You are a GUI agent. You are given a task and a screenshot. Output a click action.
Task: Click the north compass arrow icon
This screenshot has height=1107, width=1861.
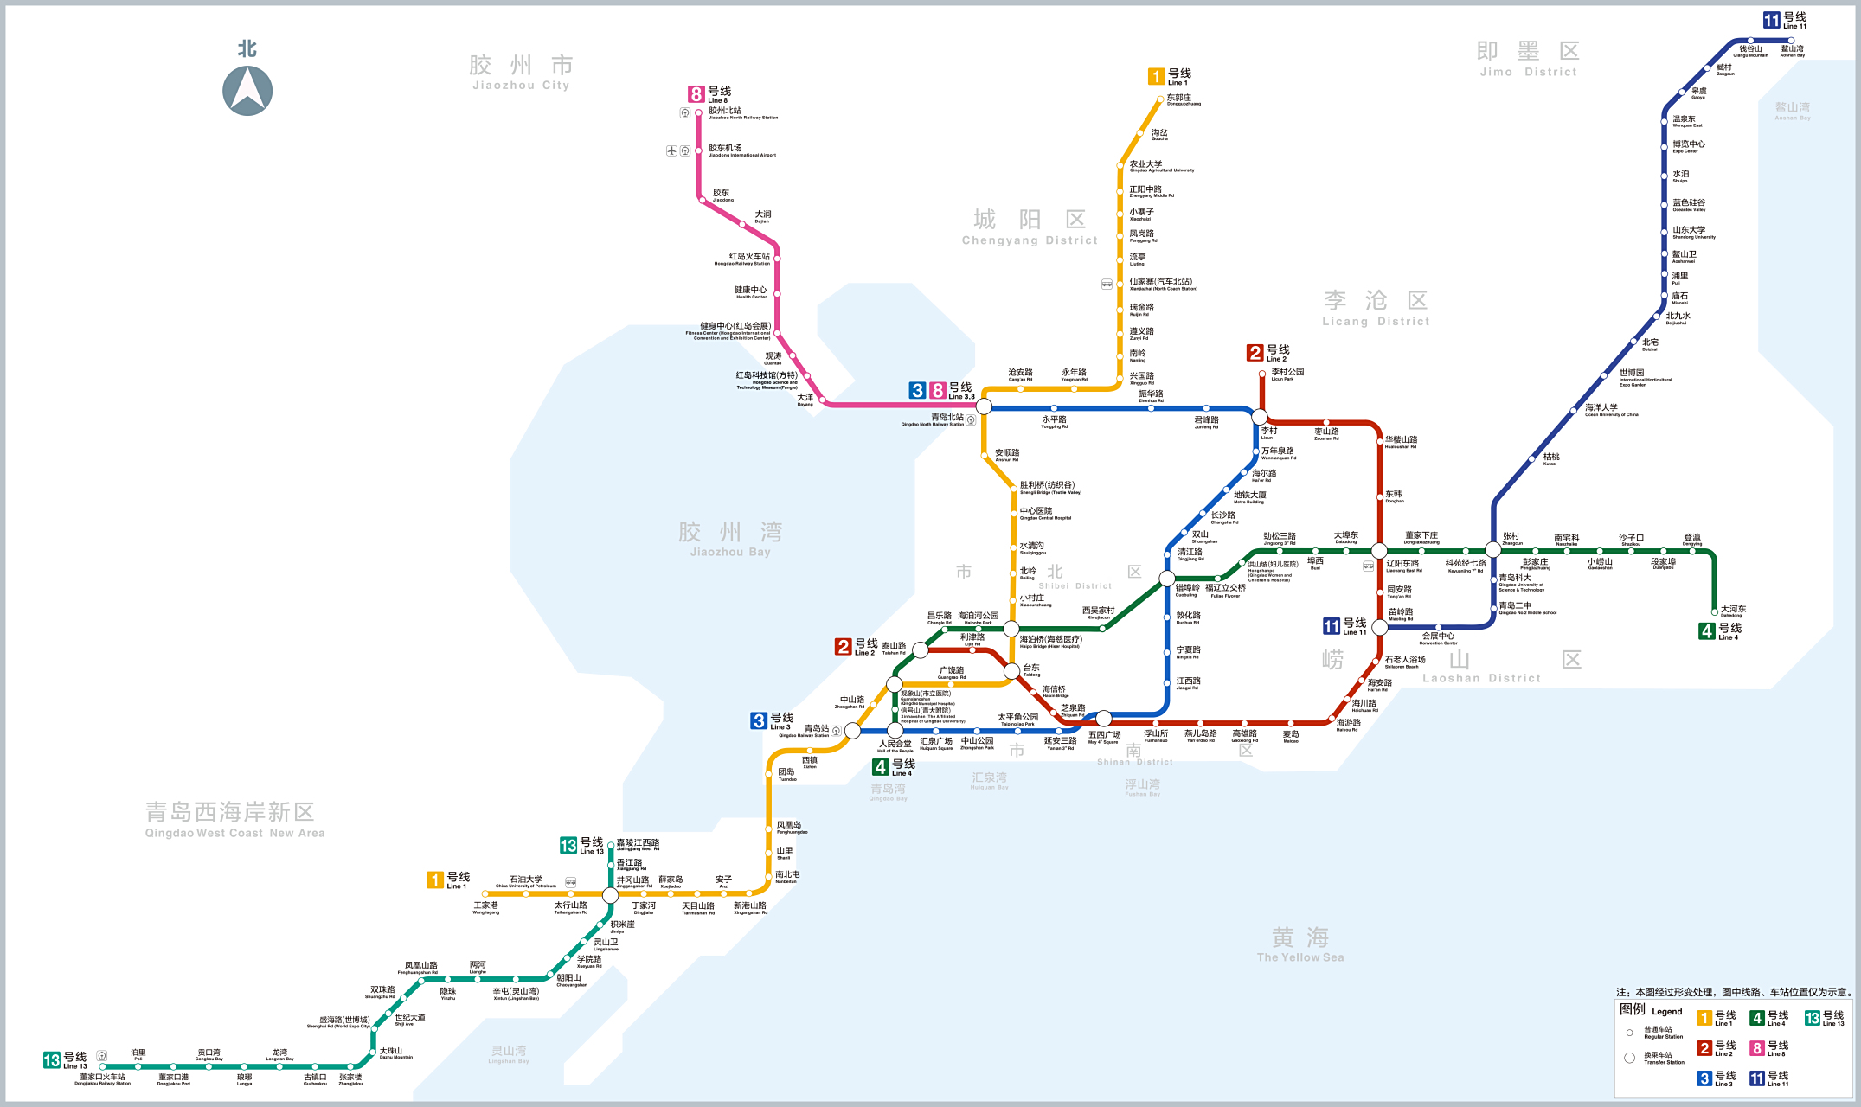(x=247, y=90)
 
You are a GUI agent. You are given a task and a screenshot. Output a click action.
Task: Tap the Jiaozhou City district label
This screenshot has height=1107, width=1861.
(x=521, y=72)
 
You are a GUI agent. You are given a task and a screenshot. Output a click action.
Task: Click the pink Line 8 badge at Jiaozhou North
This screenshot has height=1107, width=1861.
(x=696, y=94)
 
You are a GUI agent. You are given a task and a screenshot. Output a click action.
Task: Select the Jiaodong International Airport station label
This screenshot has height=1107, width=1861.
(x=741, y=150)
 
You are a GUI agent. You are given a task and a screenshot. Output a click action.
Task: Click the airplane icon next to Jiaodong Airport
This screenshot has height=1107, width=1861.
(x=671, y=150)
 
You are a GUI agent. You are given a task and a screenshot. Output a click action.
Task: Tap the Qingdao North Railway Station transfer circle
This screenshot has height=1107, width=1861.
(x=984, y=406)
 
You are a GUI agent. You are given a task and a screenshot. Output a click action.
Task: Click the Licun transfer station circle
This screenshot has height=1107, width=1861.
(x=1260, y=417)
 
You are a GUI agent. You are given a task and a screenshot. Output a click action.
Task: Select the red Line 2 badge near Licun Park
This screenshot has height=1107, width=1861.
(x=1255, y=352)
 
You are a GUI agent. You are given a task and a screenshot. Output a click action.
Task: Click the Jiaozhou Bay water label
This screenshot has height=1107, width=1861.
(x=729, y=538)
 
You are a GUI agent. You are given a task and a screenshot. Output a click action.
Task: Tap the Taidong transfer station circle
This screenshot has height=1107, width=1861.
(x=1011, y=671)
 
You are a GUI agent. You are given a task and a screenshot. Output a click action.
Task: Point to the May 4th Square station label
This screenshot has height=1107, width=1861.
(x=1103, y=737)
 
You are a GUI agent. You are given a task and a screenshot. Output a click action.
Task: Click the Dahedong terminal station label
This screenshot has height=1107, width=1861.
(x=1733, y=611)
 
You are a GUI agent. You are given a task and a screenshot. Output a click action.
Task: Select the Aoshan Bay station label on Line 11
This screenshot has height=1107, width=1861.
(x=1792, y=51)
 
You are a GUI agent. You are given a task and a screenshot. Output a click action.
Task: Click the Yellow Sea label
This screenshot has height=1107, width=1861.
(x=1300, y=944)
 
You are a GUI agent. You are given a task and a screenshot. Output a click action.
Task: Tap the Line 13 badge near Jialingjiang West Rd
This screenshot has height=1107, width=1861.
(x=568, y=845)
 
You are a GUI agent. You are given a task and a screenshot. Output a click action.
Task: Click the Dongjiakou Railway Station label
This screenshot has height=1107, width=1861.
(x=102, y=1079)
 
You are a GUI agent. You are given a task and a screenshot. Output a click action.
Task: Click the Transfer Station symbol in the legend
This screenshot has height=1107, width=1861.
(x=1630, y=1058)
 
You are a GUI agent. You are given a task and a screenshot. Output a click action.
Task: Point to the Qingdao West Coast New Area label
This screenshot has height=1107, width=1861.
(x=234, y=818)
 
